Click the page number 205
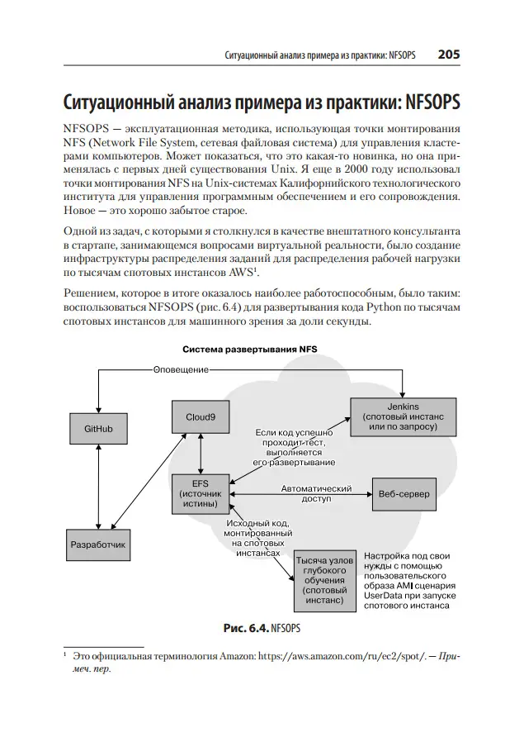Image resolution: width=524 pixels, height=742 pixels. point(448,55)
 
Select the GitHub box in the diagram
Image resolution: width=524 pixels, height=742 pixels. point(98,430)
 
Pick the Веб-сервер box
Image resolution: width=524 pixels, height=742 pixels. point(404,492)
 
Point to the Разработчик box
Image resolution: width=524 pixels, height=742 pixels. point(98,545)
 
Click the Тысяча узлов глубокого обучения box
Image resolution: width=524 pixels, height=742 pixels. point(323,580)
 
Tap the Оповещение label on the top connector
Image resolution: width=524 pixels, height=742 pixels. point(180,369)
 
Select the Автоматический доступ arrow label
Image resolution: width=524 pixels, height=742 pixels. point(315,493)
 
